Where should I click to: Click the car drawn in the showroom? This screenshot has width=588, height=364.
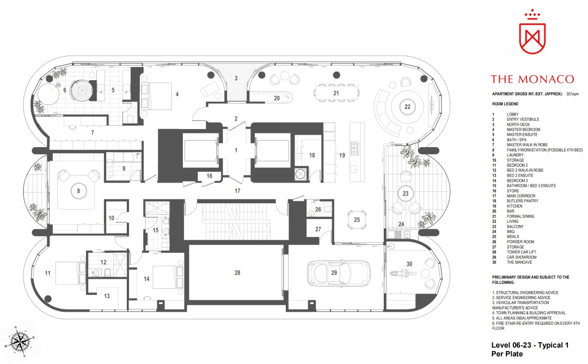click(x=339, y=273)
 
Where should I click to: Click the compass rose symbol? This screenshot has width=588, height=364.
click(x=19, y=342)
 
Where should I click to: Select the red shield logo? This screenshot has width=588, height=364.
click(x=532, y=33)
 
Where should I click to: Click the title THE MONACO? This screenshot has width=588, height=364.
click(x=532, y=79)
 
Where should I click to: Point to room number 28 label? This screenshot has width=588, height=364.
click(x=237, y=273)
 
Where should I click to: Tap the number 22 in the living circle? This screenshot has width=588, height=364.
click(x=407, y=107)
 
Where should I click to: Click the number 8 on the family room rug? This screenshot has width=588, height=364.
click(x=78, y=191)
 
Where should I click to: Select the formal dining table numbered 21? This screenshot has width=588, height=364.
click(x=336, y=93)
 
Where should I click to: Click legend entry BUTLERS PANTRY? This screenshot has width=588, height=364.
click(x=522, y=201)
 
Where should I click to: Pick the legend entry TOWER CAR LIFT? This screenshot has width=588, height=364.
click(x=522, y=252)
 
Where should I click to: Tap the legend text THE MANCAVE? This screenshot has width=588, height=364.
click(x=519, y=262)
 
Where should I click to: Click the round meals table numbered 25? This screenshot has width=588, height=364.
click(x=357, y=220)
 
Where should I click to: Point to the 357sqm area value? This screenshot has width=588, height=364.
click(x=572, y=94)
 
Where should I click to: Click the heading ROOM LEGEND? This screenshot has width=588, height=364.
click(x=505, y=104)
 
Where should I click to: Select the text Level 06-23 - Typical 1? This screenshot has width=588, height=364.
click(x=530, y=345)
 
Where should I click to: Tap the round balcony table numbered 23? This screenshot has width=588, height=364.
click(x=406, y=193)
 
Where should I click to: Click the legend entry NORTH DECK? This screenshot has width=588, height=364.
click(x=518, y=125)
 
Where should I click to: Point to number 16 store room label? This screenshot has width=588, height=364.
click(x=209, y=175)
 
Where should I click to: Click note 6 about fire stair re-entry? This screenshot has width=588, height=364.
click(x=536, y=326)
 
